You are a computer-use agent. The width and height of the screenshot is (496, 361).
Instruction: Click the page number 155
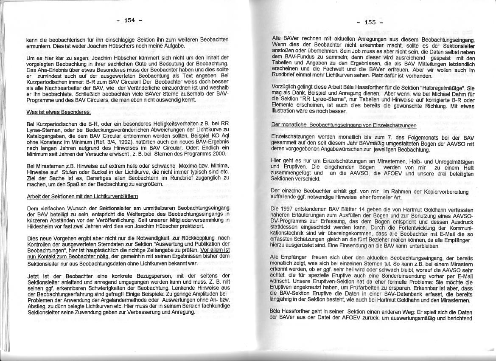click(370, 23)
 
